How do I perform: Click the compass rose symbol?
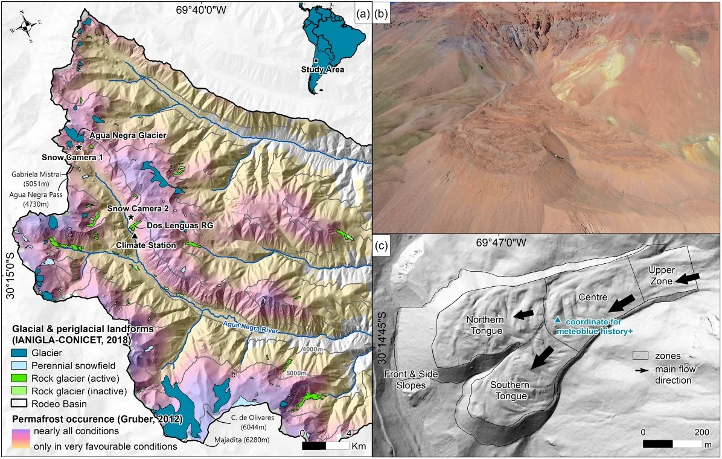pyautogui.click(x=26, y=25)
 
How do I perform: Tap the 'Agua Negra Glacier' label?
pyautogui.click(x=128, y=135)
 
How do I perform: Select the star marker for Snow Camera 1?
pyautogui.click(x=78, y=147)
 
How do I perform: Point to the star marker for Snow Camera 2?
pyautogui.click(x=131, y=217)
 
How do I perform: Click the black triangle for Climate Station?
pyautogui.click(x=135, y=236)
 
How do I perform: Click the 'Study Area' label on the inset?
pyautogui.click(x=322, y=69)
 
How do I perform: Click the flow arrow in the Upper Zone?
pyautogui.click(x=686, y=278)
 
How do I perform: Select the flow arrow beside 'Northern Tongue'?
pyautogui.click(x=523, y=313)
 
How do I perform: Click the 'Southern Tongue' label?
pyautogui.click(x=509, y=391)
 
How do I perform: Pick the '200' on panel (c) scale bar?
pyautogui.click(x=701, y=432)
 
